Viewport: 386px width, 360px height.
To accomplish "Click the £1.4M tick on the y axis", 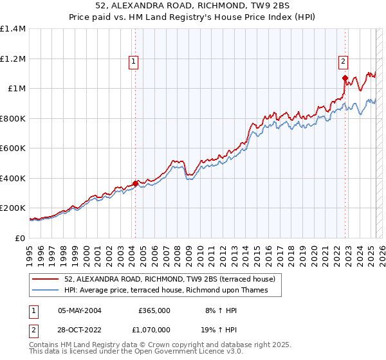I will (x=13, y=29).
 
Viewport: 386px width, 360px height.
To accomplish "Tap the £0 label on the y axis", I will (x=20, y=238).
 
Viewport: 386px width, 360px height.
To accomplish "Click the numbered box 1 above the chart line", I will (x=133, y=62).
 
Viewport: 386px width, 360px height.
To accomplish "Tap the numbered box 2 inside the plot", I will (x=343, y=62).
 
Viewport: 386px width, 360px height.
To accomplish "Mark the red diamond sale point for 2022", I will (x=345, y=78).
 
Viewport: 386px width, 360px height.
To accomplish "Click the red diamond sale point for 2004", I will (x=135, y=183).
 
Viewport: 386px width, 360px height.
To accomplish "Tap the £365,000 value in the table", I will (x=154, y=310).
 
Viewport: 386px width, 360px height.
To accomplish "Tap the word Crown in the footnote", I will (x=160, y=345).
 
